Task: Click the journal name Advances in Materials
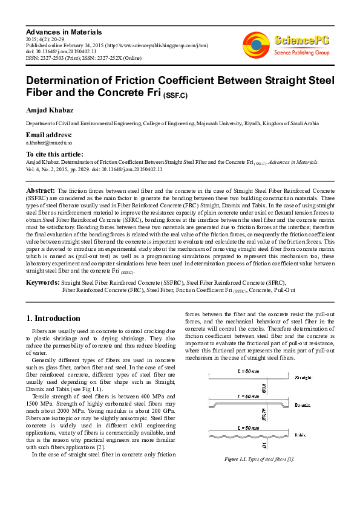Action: point(64,31)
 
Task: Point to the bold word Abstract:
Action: point(41,189)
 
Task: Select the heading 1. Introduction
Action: point(54,318)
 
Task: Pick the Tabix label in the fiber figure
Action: point(300,435)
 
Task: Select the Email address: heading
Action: point(48,134)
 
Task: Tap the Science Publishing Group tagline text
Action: point(303,53)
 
